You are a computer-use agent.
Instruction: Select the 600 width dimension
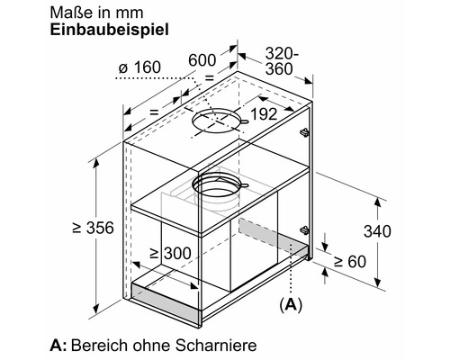coord(202,59)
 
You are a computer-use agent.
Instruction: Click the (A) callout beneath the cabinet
coord(291,305)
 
